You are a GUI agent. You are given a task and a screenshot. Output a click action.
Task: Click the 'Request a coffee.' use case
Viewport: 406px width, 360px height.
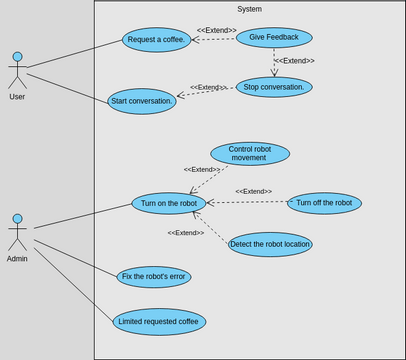point(156,40)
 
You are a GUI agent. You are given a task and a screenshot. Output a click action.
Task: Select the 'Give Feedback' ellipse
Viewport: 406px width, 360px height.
point(274,38)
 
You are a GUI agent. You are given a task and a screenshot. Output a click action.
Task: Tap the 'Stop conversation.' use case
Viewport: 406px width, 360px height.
point(274,87)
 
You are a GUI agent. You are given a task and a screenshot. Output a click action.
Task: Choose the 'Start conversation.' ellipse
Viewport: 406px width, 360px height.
point(142,101)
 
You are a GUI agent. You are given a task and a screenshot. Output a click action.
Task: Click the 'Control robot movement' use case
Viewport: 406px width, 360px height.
point(250,153)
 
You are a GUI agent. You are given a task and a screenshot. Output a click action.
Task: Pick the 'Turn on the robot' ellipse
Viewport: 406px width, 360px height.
point(169,203)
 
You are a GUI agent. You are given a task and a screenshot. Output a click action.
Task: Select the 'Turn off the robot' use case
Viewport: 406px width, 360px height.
point(324,203)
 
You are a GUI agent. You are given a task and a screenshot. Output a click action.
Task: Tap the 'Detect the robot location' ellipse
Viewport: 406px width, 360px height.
point(270,244)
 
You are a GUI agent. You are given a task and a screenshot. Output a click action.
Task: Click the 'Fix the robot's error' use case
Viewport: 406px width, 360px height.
point(153,277)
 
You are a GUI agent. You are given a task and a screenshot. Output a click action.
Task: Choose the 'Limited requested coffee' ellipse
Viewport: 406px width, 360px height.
point(159,321)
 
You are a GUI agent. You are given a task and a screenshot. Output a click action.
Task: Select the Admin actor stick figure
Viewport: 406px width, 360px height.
point(17,232)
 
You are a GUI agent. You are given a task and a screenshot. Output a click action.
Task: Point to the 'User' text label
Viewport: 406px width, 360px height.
point(17,97)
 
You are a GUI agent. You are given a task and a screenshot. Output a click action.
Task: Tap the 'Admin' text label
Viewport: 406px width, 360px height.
point(17,258)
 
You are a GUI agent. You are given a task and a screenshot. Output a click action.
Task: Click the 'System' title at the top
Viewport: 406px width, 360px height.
point(249,9)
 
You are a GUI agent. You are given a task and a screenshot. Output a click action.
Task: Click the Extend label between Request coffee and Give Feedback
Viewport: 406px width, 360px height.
point(216,30)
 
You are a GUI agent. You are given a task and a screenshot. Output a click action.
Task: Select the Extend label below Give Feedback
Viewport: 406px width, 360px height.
point(294,61)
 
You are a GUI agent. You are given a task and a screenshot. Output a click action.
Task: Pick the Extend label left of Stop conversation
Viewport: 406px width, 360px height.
point(209,87)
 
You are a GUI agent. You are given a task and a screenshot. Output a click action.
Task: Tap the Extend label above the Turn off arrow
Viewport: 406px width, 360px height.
point(281,191)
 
